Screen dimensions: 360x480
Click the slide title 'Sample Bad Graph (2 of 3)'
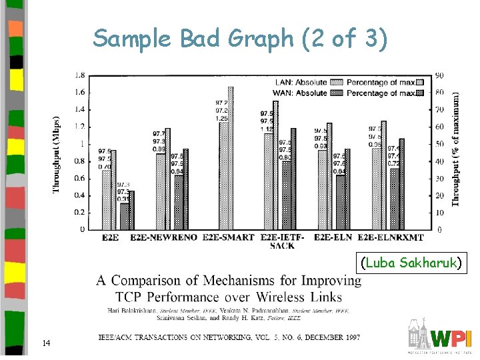coord(239,39)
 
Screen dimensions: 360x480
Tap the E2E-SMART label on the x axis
coord(228,237)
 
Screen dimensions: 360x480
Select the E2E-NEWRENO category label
coord(165,237)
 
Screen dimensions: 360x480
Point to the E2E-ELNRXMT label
coord(391,237)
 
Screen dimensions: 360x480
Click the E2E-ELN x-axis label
coord(333,237)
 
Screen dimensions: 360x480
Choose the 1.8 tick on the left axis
coord(79,74)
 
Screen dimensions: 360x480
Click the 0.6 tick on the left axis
coord(79,178)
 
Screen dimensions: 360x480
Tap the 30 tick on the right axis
coord(441,178)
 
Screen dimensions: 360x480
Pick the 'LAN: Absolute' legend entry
coord(301,83)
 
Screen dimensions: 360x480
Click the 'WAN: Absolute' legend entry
coord(301,93)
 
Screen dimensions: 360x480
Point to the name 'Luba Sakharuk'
coord(411,263)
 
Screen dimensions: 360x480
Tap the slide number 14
coord(46,343)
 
